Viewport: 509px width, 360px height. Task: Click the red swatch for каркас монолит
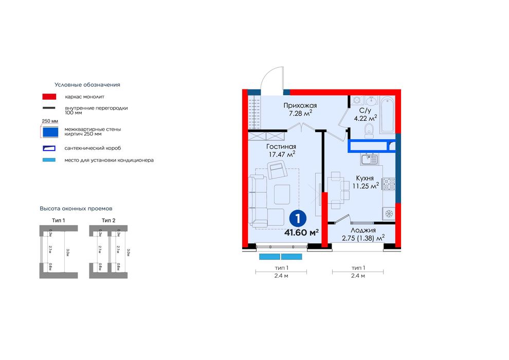tap(49, 96)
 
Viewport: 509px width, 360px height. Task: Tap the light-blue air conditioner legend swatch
tap(49, 160)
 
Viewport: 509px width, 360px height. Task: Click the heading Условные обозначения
tap(87, 84)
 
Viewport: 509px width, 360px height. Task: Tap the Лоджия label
tap(363, 230)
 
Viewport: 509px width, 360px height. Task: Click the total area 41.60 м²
tap(301, 232)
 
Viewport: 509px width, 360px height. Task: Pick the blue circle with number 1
tap(296, 218)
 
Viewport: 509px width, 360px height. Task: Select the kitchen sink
tap(369, 159)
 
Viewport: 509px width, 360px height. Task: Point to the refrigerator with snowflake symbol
tap(389, 213)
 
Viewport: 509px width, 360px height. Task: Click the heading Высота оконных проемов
tap(76, 208)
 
